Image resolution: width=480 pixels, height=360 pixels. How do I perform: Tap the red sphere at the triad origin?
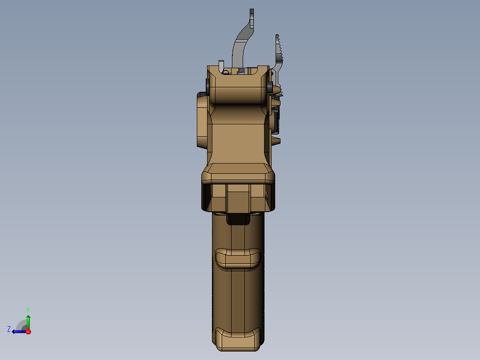[28, 331]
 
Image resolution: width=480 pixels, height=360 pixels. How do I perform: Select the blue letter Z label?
[9, 329]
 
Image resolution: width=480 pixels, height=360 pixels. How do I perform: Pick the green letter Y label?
[28, 309]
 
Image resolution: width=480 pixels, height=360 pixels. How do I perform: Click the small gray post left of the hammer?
[221, 65]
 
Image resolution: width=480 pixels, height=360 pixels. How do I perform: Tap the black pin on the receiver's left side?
[207, 84]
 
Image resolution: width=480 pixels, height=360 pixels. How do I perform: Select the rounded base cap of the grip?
[238, 339]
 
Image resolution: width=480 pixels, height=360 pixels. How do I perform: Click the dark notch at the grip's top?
[238, 219]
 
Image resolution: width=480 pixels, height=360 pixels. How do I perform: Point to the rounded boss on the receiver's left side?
[201, 120]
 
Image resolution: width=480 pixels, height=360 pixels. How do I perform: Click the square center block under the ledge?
[238, 198]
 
